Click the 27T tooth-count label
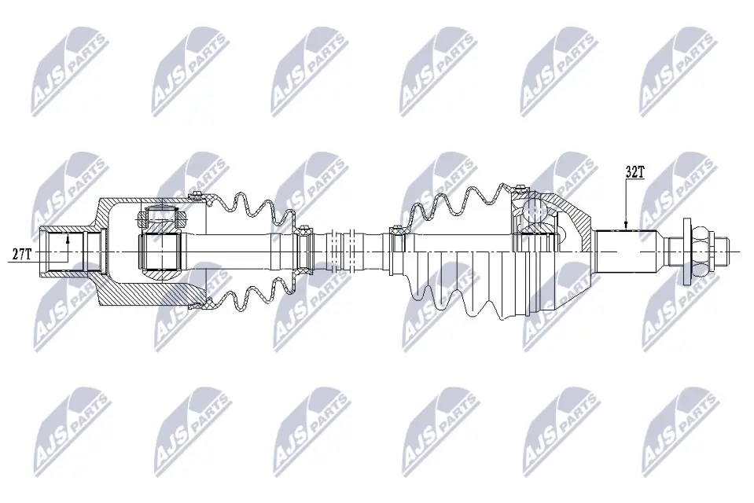click(x=22, y=254)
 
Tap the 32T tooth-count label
click(x=634, y=172)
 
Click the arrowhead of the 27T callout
click(x=68, y=237)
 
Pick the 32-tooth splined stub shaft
click(x=626, y=251)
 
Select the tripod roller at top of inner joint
click(x=161, y=218)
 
